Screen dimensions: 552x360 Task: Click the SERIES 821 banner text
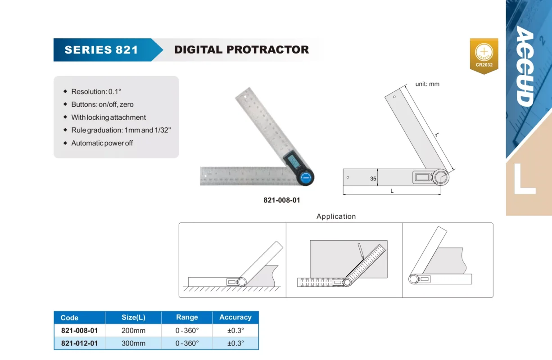[101, 50]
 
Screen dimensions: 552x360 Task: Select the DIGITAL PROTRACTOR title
[241, 50]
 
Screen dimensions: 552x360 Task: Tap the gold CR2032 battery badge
[484, 56]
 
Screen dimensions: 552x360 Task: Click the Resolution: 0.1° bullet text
[96, 92]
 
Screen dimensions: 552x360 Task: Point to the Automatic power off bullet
[102, 143]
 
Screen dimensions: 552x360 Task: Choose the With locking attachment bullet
[109, 117]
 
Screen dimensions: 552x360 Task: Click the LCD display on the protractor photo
[293, 161]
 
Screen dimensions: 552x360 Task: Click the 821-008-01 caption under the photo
[282, 200]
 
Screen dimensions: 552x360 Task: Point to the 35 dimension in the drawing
[373, 179]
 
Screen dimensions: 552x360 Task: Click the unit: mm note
[427, 84]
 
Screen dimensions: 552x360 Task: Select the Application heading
[336, 216]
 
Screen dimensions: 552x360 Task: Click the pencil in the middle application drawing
[361, 251]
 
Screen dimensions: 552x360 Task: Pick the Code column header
[69, 318]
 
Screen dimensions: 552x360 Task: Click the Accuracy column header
[235, 317]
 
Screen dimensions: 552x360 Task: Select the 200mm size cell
[133, 330]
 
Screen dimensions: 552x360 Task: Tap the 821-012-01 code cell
[79, 343]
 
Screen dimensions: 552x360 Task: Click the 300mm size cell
[133, 343]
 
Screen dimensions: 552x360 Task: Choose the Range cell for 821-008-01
[187, 330]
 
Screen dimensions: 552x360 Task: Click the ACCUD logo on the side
[525, 66]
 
